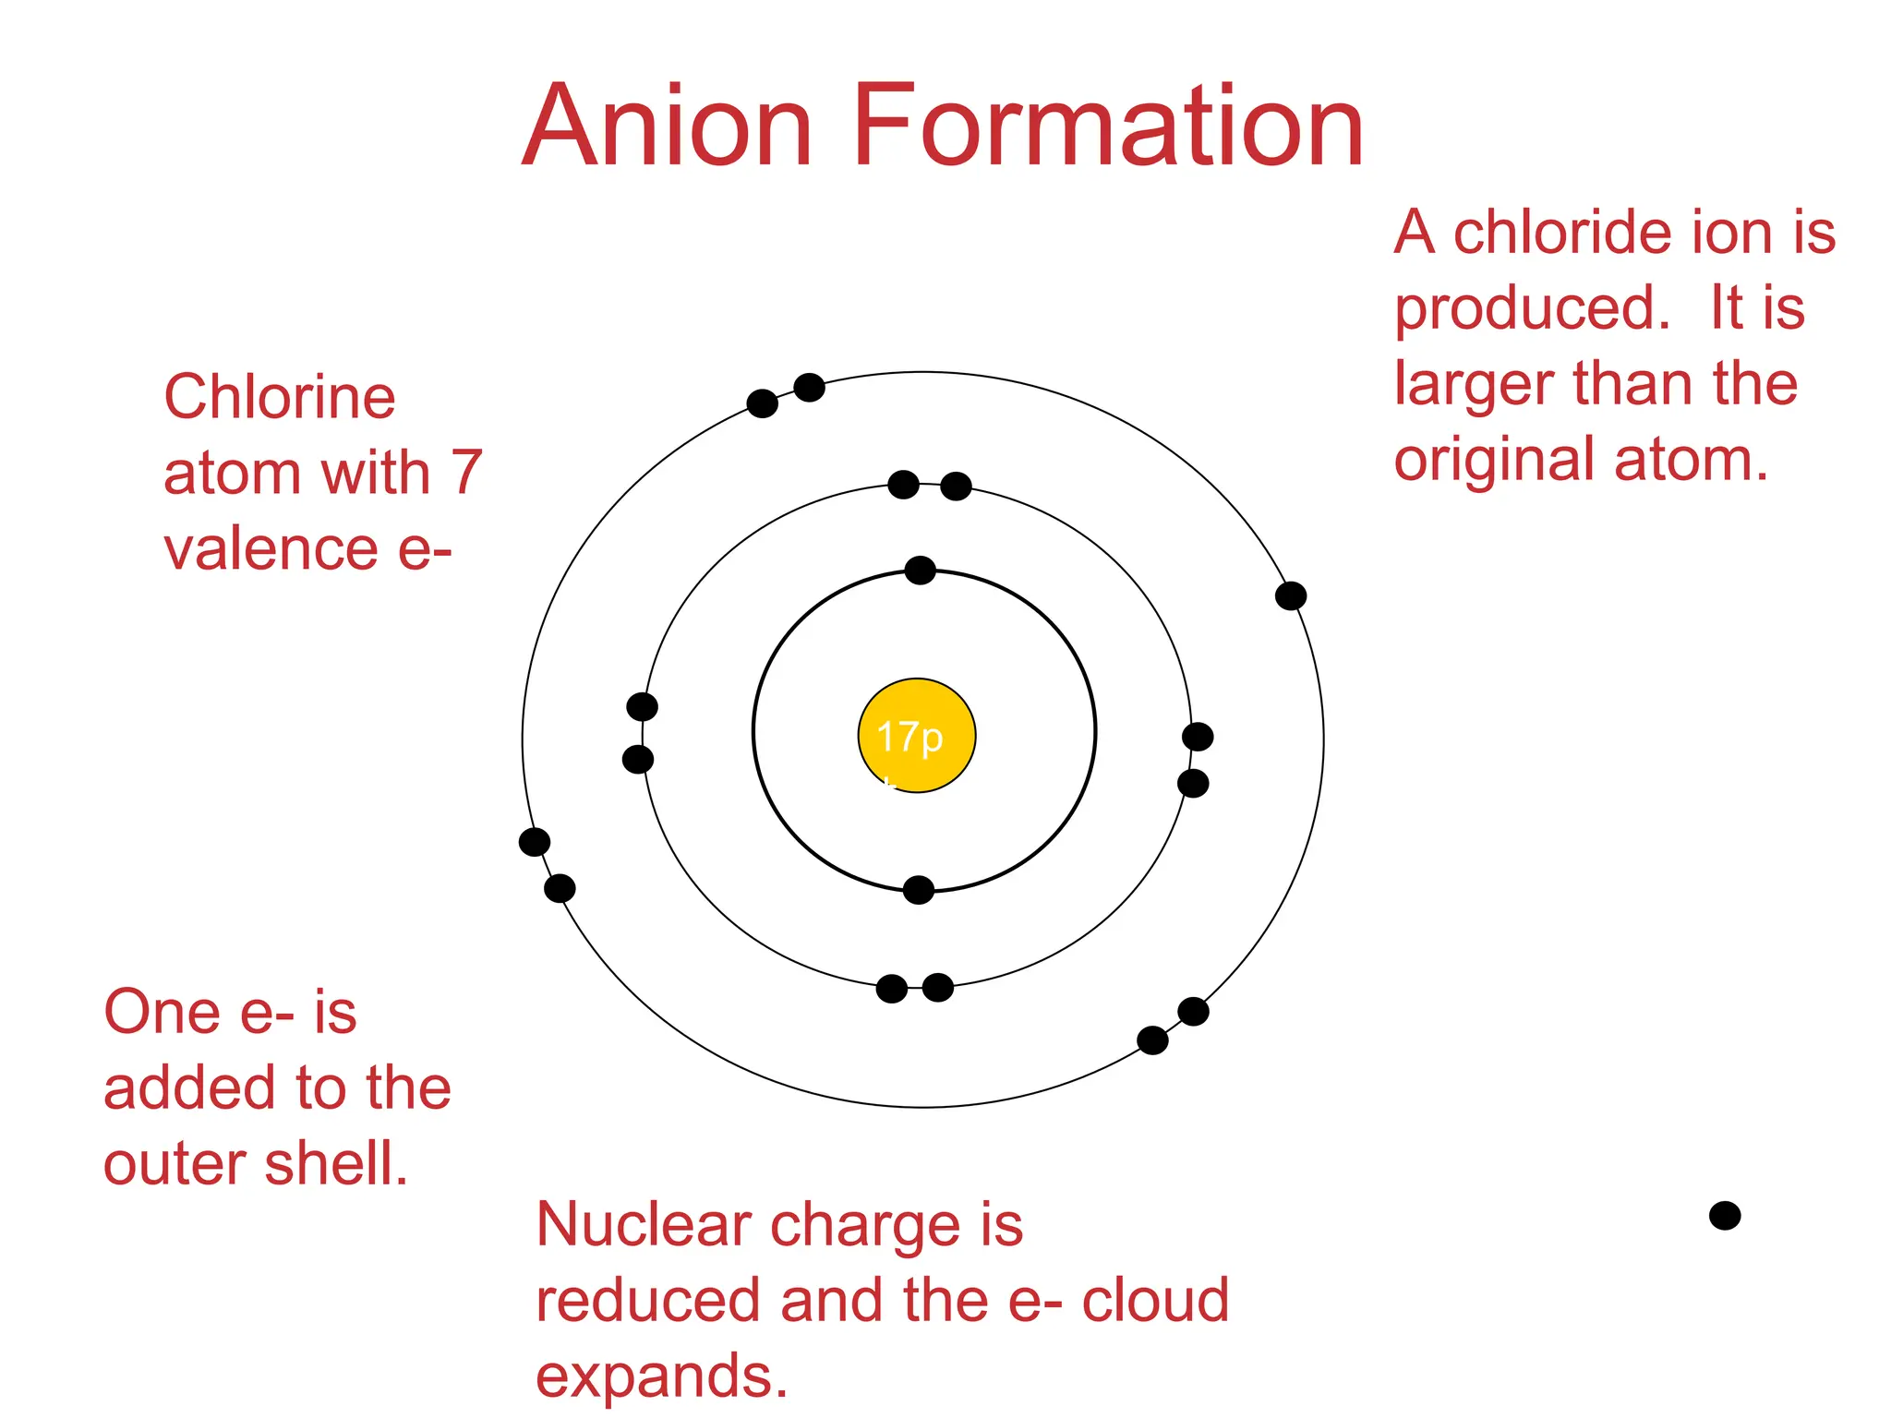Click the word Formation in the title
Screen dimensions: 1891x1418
[1108, 126]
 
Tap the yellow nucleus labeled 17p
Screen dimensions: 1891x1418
[916, 736]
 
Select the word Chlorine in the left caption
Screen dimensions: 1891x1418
[280, 397]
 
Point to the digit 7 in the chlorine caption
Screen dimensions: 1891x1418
[466, 473]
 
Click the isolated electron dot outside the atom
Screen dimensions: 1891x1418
[1724, 1216]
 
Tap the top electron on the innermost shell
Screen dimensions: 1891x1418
[920, 571]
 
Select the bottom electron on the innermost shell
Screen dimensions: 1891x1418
[918, 890]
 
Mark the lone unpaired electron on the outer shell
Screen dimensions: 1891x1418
[1290, 596]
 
